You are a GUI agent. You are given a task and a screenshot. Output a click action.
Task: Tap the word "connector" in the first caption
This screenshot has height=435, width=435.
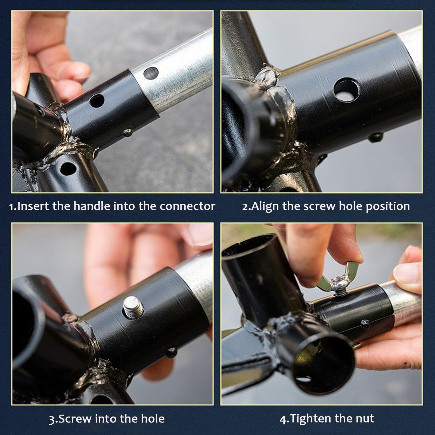[187, 206]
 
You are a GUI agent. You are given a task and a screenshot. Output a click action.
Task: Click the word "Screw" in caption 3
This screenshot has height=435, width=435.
[75, 419]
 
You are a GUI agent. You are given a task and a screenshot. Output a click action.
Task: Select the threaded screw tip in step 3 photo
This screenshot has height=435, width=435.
[133, 307]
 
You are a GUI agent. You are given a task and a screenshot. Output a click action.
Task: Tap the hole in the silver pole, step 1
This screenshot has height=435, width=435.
[151, 73]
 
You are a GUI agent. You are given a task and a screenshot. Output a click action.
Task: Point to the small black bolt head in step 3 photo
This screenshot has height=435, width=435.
[171, 352]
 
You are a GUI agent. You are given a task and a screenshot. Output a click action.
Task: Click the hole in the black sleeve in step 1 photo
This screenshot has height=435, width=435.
[97, 101]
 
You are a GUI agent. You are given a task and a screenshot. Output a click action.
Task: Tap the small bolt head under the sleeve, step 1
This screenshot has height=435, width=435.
[128, 133]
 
